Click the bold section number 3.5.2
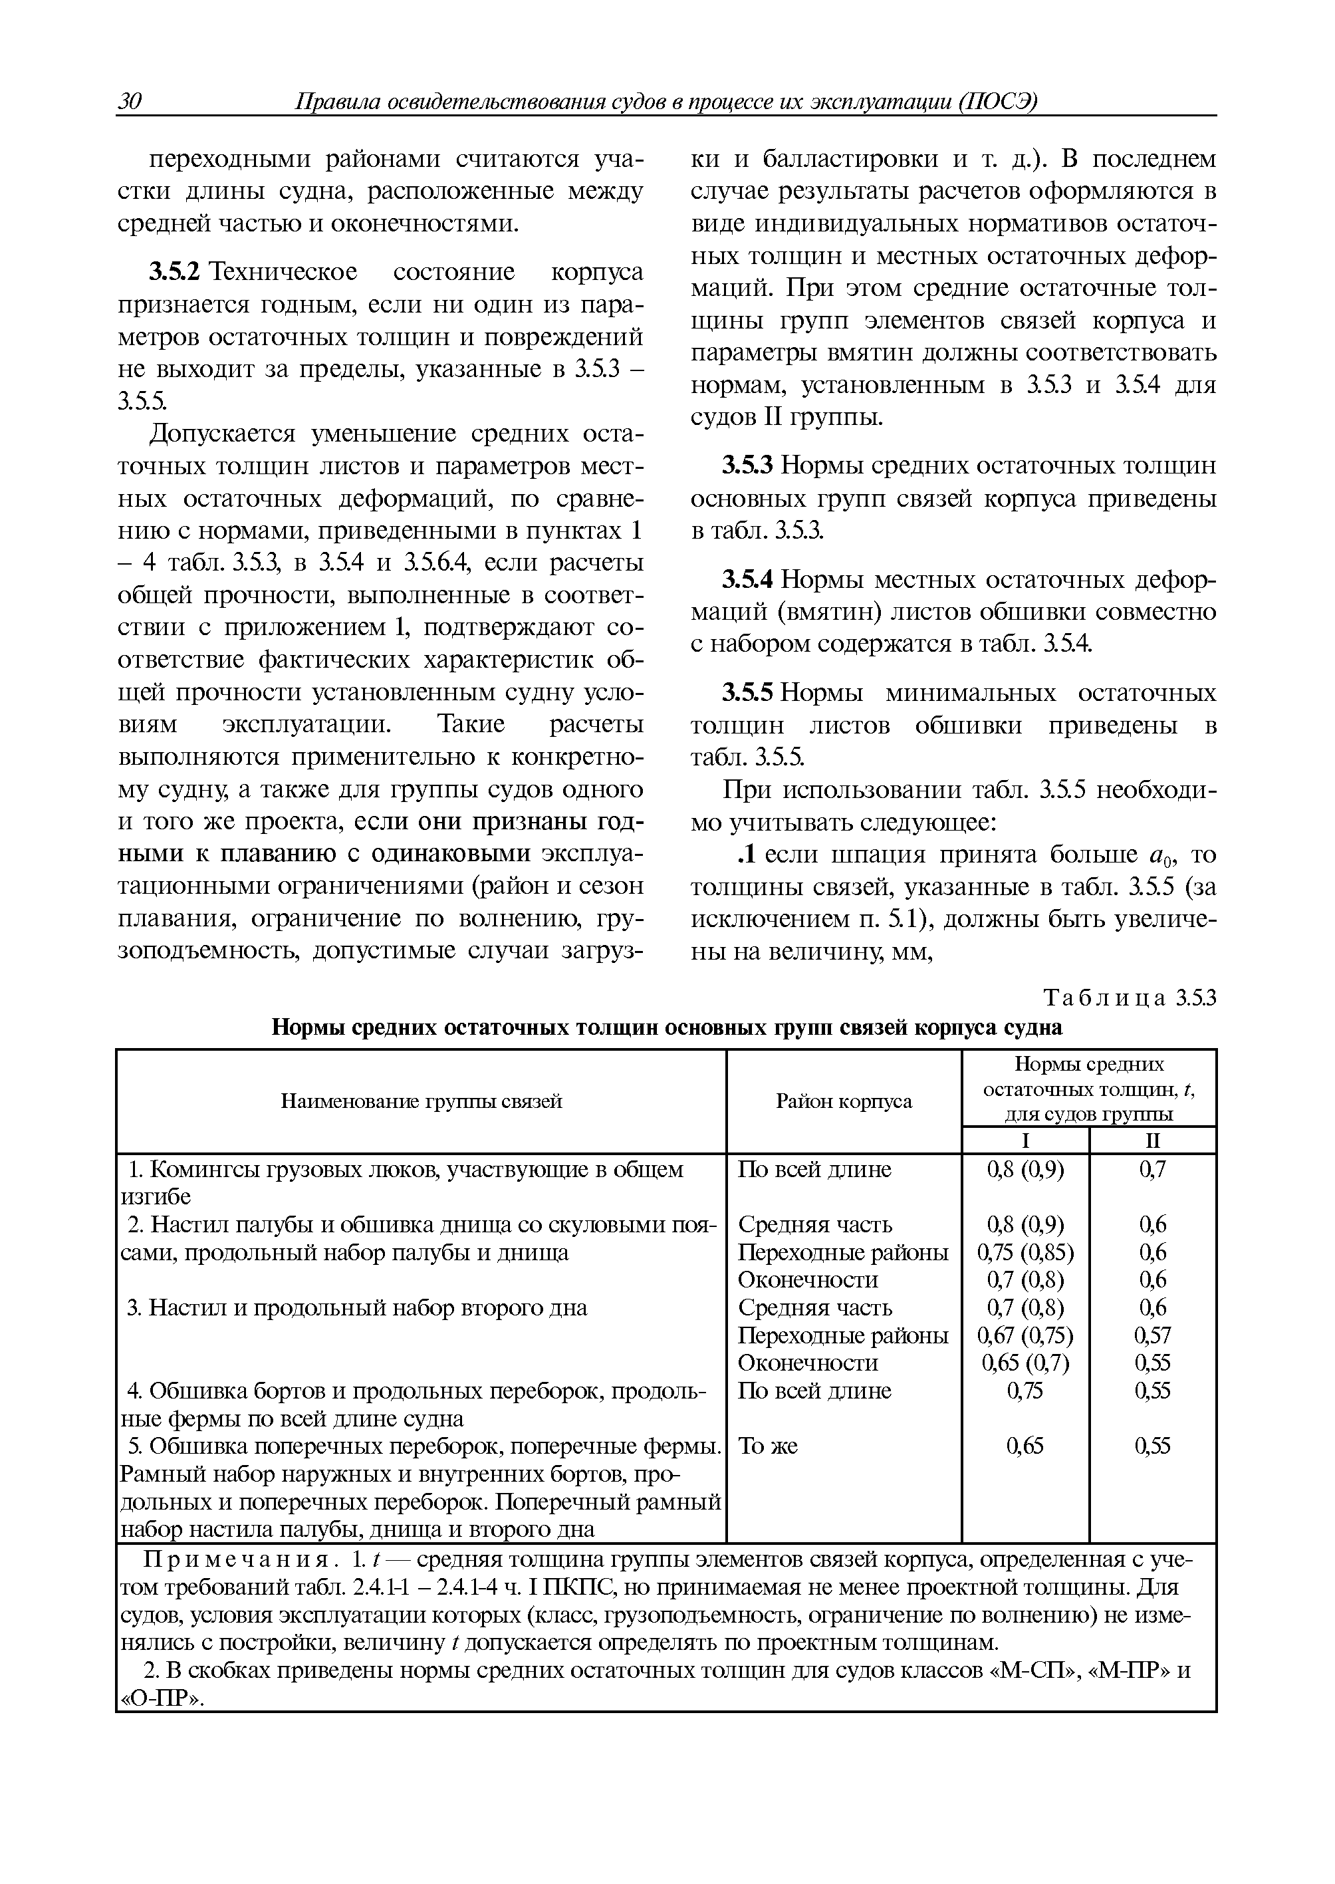tap(174, 271)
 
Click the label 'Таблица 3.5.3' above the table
tap(1129, 998)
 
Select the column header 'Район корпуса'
tap(844, 1101)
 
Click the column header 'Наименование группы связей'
tap(421, 1101)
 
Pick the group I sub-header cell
tap(1025, 1141)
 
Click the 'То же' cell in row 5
tap(768, 1446)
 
